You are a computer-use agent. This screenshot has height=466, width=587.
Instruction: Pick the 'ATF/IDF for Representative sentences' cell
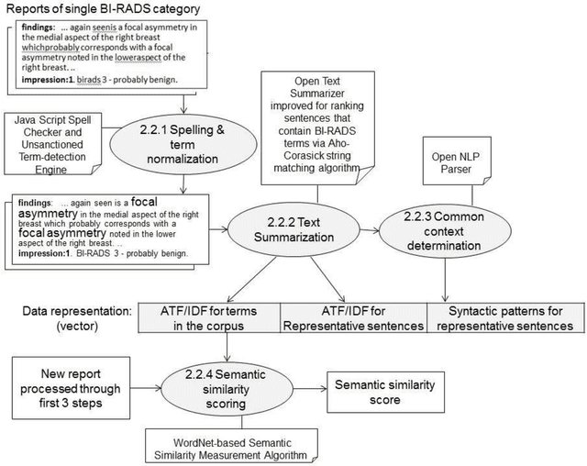[353, 316]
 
